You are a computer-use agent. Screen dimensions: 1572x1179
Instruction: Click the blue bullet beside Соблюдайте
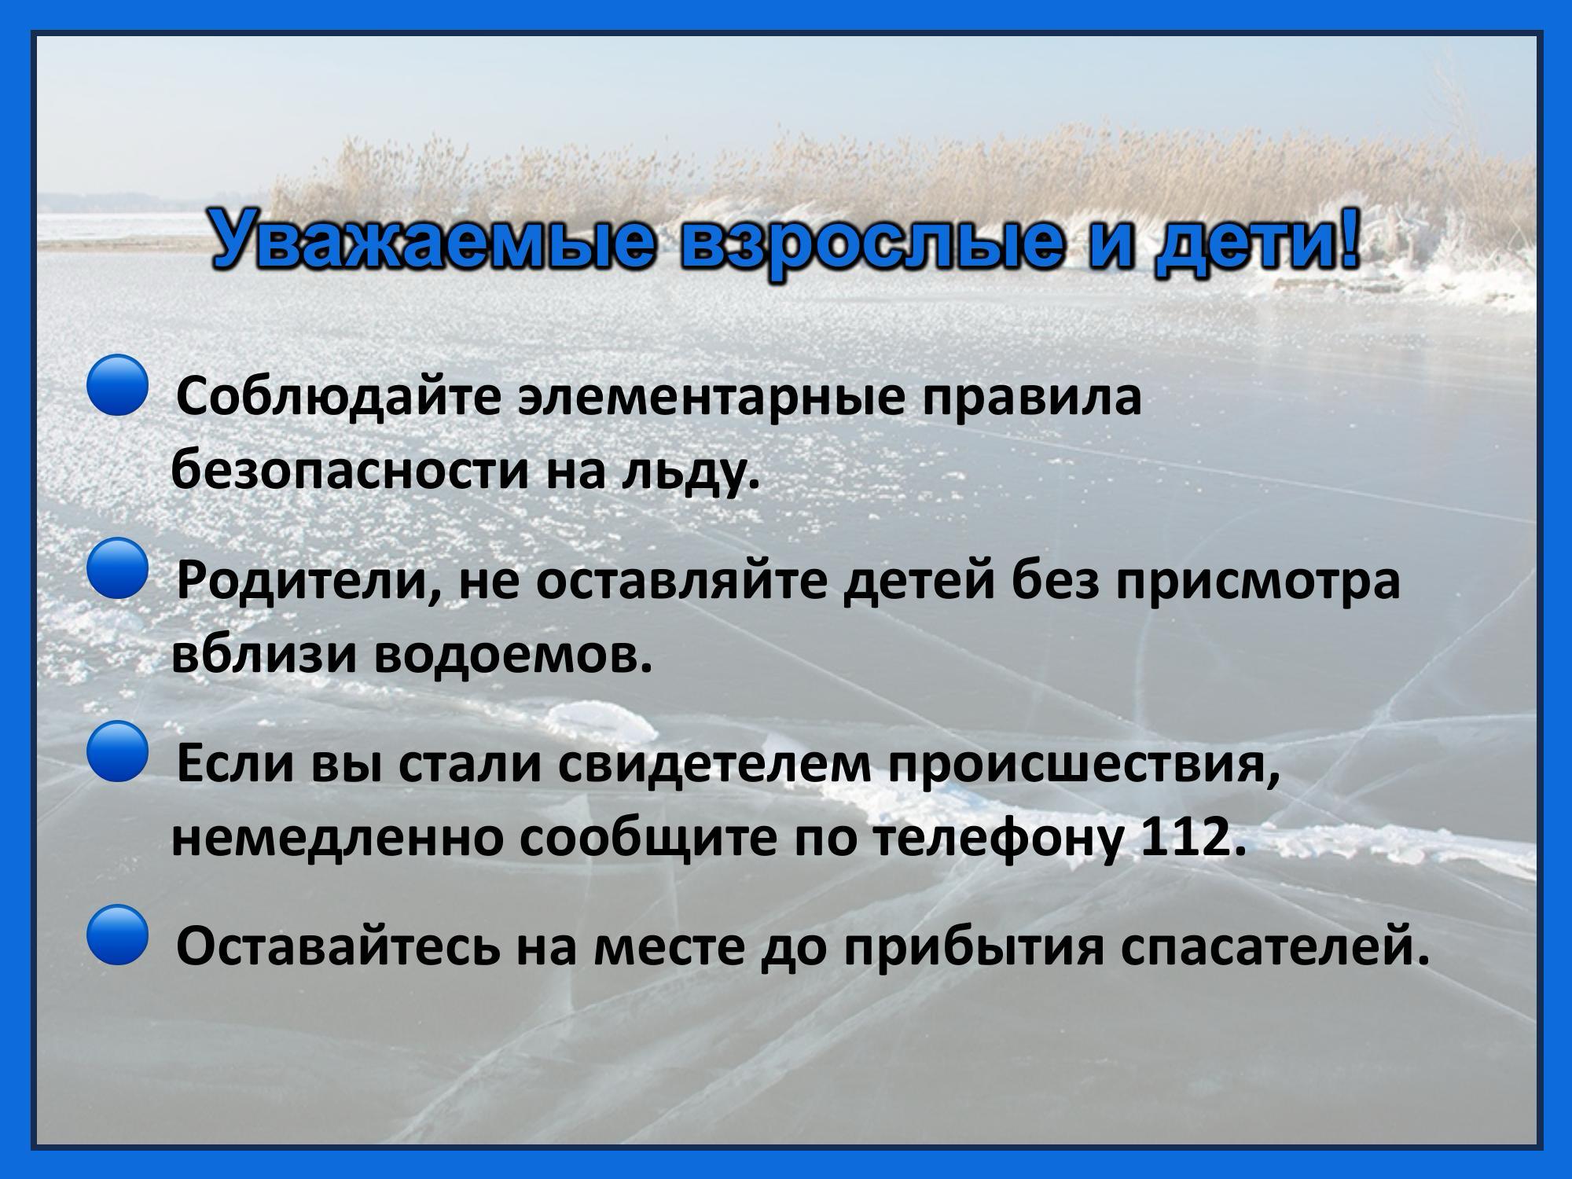[x=117, y=384]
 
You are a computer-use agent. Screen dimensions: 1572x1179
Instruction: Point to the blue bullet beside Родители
[x=117, y=568]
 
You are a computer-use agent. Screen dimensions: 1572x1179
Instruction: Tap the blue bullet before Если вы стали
[x=117, y=751]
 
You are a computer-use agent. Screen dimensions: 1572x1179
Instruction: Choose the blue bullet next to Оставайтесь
[x=117, y=935]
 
